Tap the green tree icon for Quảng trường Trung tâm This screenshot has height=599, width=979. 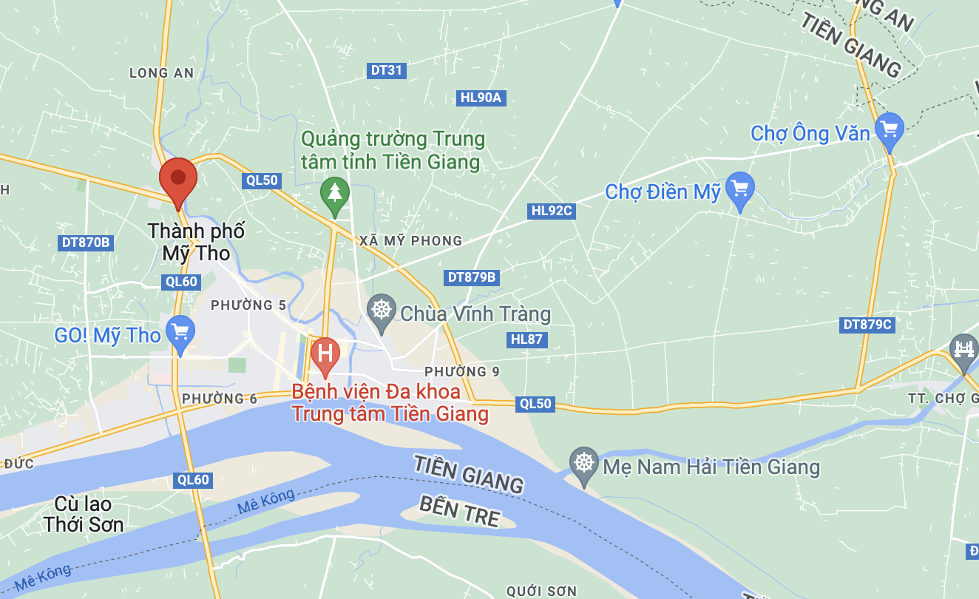(335, 193)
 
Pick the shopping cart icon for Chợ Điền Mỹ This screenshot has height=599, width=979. (739, 189)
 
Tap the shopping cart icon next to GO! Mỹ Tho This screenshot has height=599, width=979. (180, 333)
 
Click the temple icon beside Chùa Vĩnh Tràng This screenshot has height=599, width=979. (382, 309)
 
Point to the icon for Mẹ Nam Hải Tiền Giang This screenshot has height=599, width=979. (584, 464)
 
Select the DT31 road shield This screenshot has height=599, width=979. (387, 70)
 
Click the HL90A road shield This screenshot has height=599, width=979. (481, 98)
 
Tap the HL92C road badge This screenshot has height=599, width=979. (552, 211)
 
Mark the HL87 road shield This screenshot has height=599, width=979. (526, 339)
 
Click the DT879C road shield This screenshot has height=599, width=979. (867, 324)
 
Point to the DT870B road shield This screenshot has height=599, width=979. (86, 242)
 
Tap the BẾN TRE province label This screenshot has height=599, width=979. (459, 511)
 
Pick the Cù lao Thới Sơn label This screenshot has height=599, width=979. (83, 515)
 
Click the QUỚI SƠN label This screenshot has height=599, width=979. (541, 591)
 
